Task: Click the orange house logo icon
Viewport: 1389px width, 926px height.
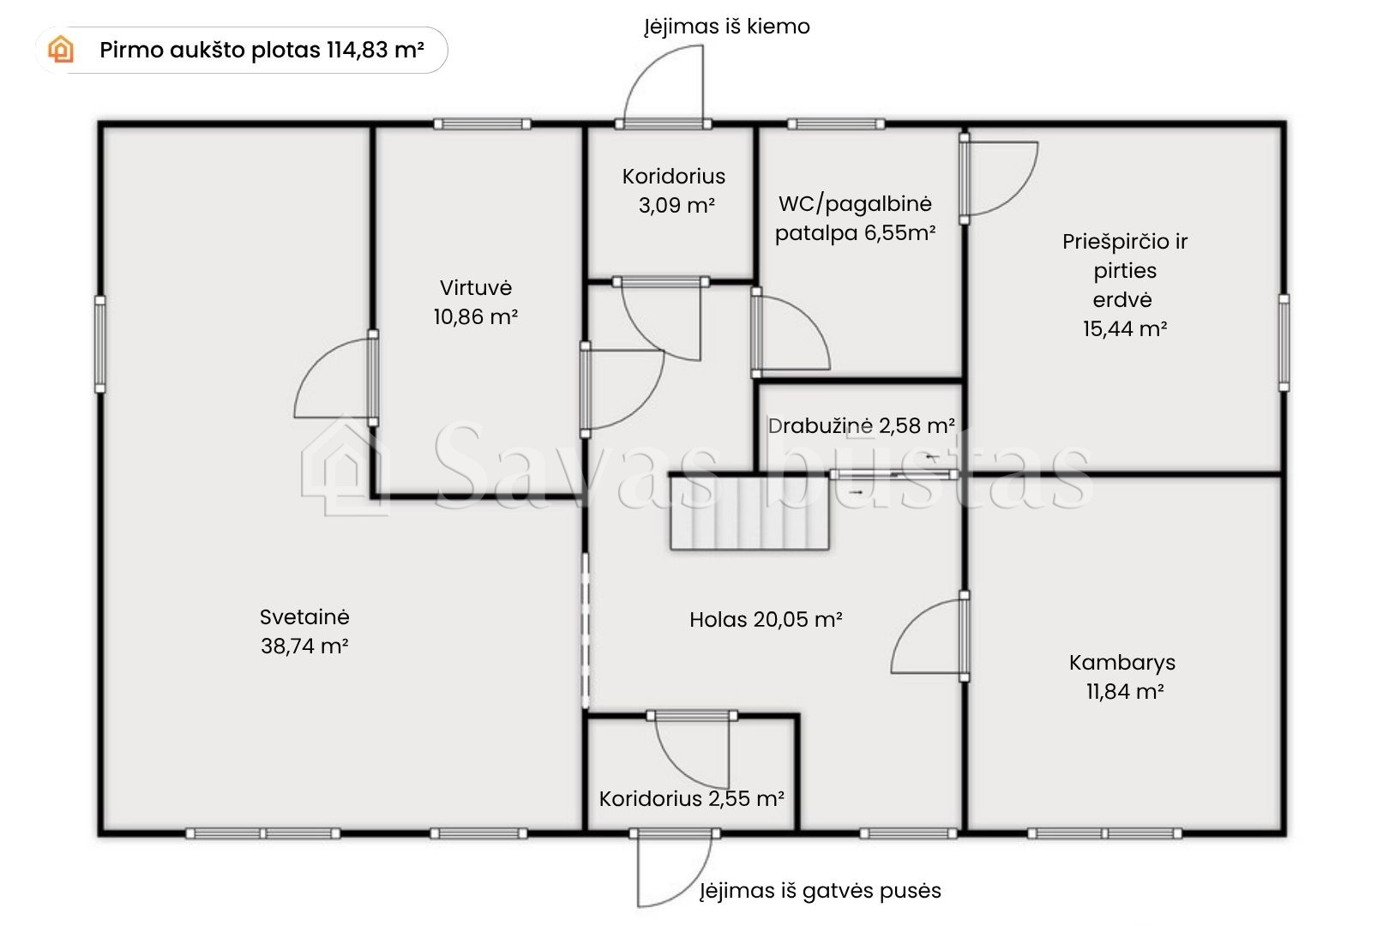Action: coord(61,50)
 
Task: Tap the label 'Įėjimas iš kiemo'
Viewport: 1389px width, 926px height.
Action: coord(727,27)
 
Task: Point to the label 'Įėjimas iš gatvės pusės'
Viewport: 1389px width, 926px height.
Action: coord(821,891)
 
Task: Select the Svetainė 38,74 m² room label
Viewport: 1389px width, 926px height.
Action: coord(304,631)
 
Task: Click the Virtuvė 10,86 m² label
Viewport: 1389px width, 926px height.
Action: coord(476,302)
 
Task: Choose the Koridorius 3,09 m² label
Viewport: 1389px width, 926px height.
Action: coord(674,190)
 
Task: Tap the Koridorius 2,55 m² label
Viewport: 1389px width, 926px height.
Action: coord(691,798)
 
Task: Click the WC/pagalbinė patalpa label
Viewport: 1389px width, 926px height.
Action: coord(855,219)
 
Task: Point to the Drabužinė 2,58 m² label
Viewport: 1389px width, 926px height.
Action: coord(862,425)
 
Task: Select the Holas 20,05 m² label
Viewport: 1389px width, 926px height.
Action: coord(766,619)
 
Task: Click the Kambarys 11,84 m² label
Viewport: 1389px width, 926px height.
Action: coord(1122,676)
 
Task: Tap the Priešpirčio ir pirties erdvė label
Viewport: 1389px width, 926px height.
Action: coord(1124,285)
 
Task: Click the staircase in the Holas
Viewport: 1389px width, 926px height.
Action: coord(749,513)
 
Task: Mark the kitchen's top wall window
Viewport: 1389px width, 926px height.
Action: coord(482,124)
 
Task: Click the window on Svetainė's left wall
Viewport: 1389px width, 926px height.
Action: coord(99,345)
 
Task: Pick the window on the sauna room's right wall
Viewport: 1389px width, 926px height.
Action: coord(1284,343)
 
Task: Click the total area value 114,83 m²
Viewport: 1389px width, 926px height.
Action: coord(376,50)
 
